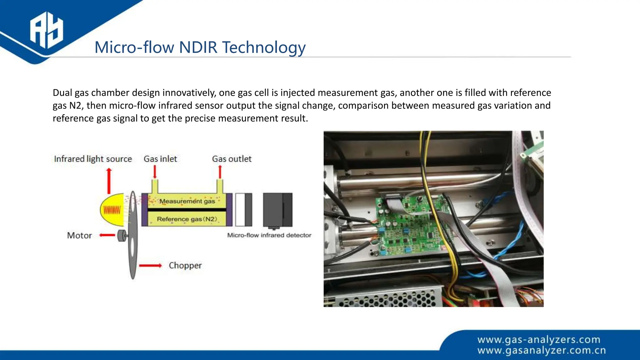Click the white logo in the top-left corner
[x=47, y=30]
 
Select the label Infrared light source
[x=93, y=159]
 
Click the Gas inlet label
[x=160, y=159]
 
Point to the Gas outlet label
[x=232, y=159]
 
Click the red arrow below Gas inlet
[x=155, y=172]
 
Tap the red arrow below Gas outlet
[x=220, y=172]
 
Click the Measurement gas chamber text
[x=187, y=201]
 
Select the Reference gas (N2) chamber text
[x=187, y=219]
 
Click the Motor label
[x=79, y=235]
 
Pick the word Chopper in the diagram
[x=185, y=265]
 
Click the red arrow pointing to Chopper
[x=150, y=266]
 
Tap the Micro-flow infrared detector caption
[x=269, y=235]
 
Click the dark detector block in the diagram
[x=277, y=210]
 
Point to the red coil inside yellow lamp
[x=112, y=210]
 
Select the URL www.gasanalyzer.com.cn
[x=542, y=350]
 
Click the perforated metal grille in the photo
[x=387, y=299]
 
